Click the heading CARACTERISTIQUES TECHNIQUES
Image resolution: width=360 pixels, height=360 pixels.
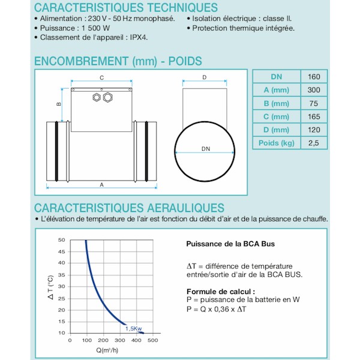click(126, 8)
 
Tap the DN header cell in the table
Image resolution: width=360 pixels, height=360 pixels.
click(277, 76)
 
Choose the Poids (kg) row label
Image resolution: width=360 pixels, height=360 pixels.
click(277, 143)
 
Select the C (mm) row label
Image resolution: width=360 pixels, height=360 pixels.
click(277, 116)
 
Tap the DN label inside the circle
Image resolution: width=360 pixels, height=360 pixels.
click(206, 148)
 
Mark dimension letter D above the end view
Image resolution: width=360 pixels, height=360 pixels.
click(204, 77)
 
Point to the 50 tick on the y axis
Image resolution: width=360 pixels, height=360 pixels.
click(61, 240)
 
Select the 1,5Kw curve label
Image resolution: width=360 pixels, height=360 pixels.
click(134, 328)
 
